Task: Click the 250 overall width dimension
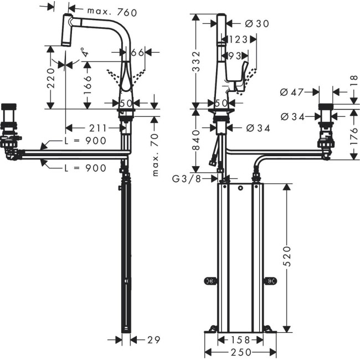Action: coord(240,352)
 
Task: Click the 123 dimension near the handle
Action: coord(236,40)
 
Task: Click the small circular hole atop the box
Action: coord(240,189)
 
